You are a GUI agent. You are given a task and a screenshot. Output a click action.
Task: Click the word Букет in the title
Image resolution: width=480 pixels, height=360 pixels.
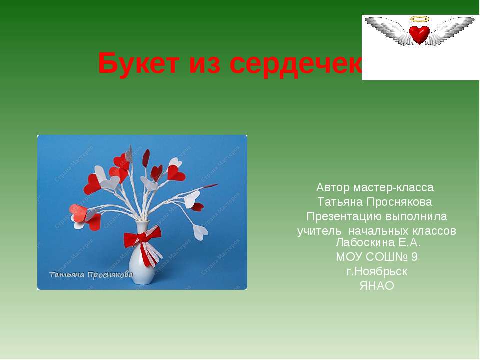(x=138, y=63)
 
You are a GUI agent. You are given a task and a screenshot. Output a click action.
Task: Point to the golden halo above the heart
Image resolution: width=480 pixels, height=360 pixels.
(x=420, y=19)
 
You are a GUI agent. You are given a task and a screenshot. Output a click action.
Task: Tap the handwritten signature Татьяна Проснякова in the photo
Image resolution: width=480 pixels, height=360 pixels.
(x=91, y=274)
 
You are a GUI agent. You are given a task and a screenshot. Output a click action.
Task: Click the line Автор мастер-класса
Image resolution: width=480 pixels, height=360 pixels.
(x=375, y=187)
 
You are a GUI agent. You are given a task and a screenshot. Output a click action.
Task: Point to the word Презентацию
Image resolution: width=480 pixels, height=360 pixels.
(x=344, y=217)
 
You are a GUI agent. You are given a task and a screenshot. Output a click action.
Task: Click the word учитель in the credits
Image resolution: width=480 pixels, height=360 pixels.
(x=319, y=231)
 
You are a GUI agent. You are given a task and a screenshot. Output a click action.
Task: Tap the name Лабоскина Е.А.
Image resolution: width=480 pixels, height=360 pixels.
(x=378, y=243)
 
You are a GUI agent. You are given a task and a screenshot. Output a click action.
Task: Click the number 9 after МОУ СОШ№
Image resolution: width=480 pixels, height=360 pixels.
(x=414, y=257)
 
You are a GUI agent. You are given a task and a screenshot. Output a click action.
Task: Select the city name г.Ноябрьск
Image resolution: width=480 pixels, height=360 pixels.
(x=377, y=272)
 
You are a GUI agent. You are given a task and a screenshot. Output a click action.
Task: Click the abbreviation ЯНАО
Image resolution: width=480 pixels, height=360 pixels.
(x=377, y=286)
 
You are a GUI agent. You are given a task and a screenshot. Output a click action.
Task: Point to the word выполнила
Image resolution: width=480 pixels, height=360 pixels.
(x=416, y=217)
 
